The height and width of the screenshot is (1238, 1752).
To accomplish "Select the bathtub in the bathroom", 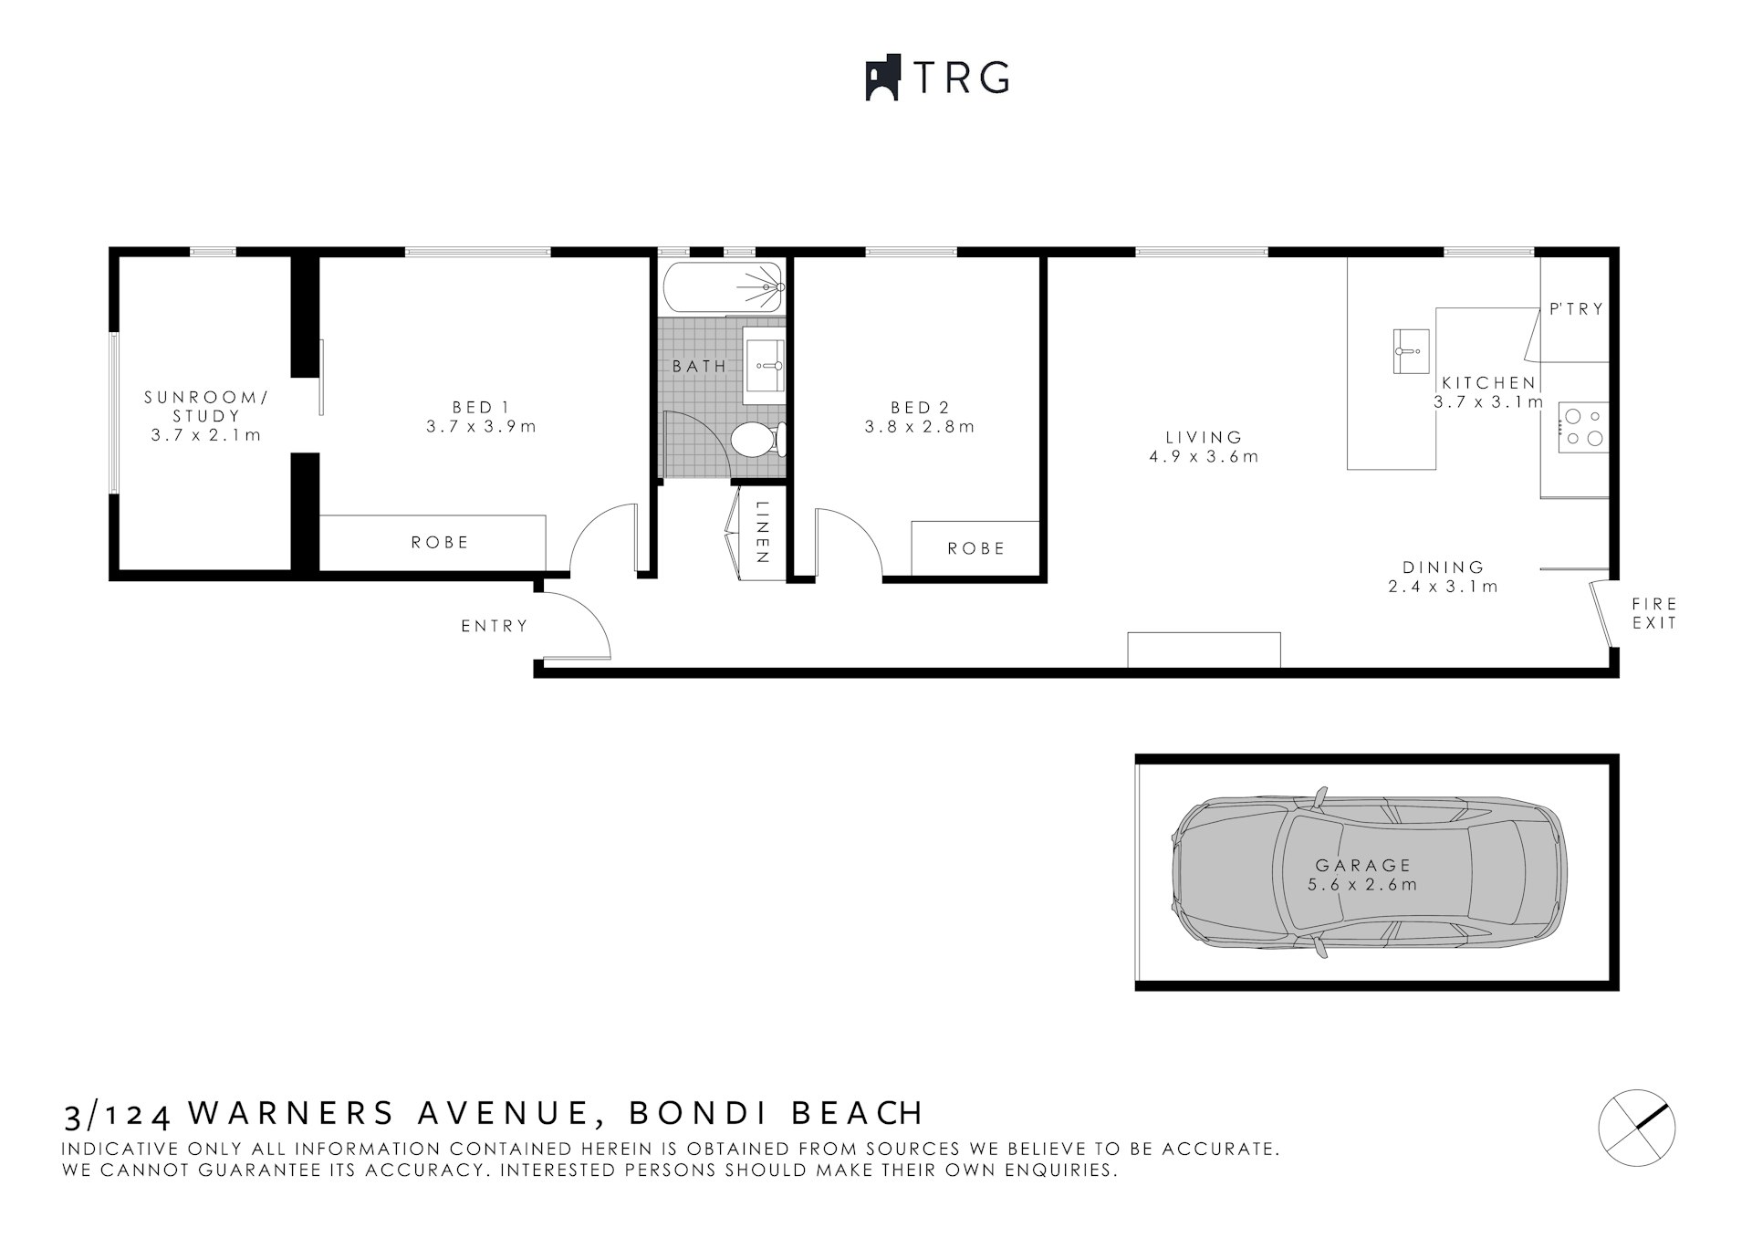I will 722,286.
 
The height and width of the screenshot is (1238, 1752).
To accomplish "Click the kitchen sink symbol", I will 1410,350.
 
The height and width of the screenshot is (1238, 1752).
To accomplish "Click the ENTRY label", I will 495,626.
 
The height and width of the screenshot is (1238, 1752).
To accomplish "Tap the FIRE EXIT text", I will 1654,613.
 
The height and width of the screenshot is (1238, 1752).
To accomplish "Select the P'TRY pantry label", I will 1576,309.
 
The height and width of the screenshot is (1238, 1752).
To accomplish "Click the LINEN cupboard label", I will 763,533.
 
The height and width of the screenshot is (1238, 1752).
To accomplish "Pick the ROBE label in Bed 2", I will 975,548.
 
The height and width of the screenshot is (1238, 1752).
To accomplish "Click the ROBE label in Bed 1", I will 439,542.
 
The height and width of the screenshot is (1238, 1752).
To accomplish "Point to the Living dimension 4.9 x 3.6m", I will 1204,456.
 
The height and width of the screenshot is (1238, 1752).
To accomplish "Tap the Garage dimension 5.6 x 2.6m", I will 1362,884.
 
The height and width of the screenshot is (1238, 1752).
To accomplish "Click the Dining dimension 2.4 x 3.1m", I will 1443,587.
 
